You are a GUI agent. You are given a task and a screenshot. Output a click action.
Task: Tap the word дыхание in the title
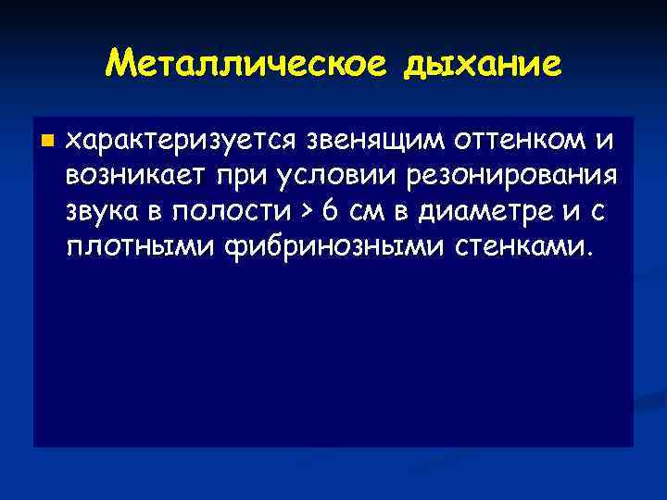tap(482, 64)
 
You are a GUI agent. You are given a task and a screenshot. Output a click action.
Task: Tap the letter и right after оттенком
tap(604, 141)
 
